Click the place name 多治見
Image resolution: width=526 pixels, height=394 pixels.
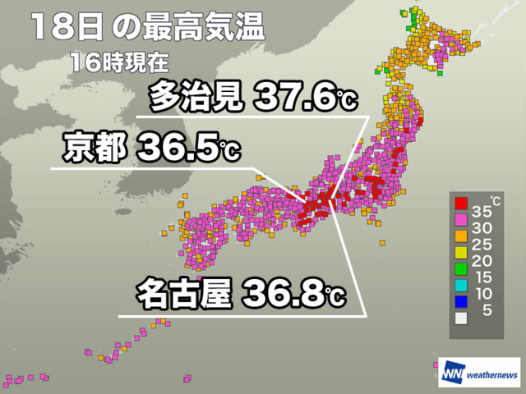196,100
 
